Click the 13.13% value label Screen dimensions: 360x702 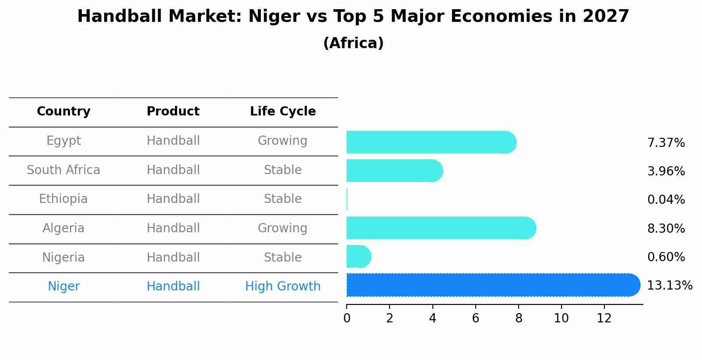tap(669, 286)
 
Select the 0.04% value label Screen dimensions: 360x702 tap(666, 200)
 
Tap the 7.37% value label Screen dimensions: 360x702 tap(666, 143)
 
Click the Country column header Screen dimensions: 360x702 tap(63, 112)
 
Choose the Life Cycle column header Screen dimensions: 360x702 tap(283, 112)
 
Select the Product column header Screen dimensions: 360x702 tap(173, 112)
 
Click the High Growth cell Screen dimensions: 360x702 tap(283, 287)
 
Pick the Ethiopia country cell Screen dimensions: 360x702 tap(63, 199)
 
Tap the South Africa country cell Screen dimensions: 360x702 tap(63, 170)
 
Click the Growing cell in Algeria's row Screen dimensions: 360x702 tap(282, 228)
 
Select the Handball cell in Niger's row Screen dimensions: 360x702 tap(173, 287)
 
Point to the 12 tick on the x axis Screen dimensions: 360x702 tap(604, 318)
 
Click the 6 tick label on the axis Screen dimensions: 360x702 tap(475, 318)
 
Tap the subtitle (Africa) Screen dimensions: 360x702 tap(353, 43)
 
